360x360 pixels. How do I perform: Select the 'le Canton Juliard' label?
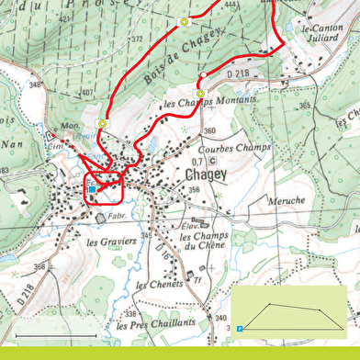[x=319, y=34]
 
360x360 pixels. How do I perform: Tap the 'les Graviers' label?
[x=111, y=242]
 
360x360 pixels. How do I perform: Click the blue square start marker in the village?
[x=92, y=190]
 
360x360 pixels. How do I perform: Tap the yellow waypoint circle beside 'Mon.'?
[x=103, y=123]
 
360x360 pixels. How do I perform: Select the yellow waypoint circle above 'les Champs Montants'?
[x=200, y=94]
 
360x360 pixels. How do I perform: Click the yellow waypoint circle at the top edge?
[x=184, y=20]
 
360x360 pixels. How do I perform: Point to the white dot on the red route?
[x=202, y=74]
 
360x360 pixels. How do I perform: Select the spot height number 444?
[x=229, y=6]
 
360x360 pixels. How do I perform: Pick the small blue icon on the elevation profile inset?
[x=239, y=327]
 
